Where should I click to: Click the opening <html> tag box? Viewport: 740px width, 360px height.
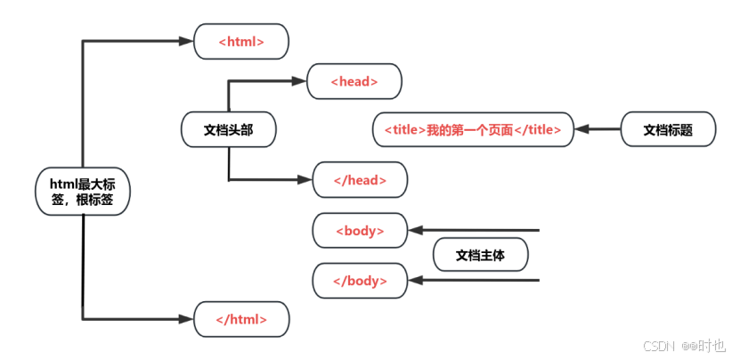click(241, 42)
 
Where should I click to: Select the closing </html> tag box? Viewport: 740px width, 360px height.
click(241, 319)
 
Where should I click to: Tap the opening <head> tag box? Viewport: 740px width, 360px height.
click(354, 81)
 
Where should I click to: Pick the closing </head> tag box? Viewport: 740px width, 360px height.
click(360, 180)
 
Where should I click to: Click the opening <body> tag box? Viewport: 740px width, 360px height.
click(360, 231)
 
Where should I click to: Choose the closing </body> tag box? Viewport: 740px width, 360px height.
click(360, 281)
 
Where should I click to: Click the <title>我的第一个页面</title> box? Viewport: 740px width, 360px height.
click(473, 130)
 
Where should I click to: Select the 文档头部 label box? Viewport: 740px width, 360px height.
click(228, 130)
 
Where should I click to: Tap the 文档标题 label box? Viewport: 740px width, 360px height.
click(668, 130)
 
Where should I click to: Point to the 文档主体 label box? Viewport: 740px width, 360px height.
click(480, 256)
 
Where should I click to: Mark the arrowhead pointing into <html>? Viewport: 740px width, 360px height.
click(189, 42)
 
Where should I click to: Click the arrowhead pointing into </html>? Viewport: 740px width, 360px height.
click(189, 319)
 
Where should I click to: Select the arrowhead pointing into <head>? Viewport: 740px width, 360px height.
click(301, 81)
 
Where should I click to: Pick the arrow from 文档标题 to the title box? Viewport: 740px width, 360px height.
click(597, 130)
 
